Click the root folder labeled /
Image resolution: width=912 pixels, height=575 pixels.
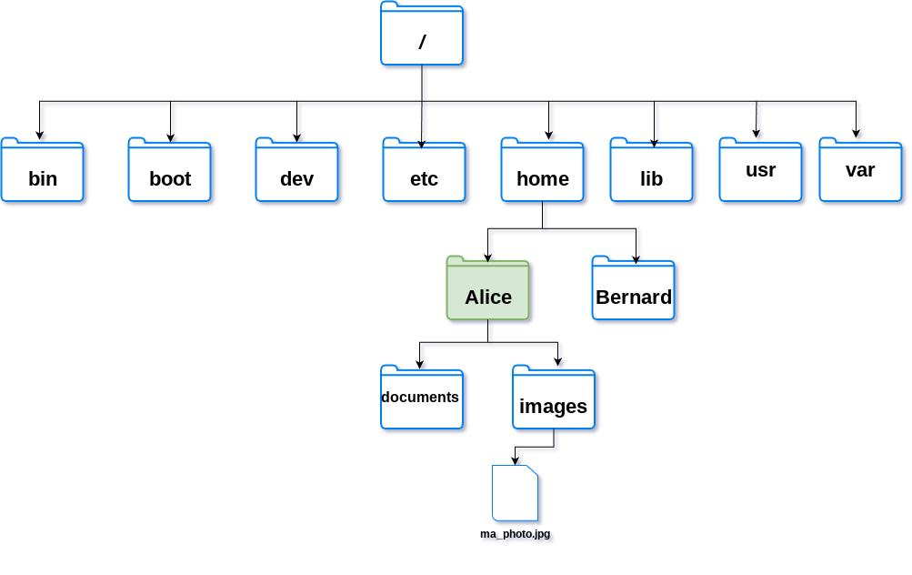click(x=422, y=33)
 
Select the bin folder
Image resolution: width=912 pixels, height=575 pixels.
click(x=43, y=170)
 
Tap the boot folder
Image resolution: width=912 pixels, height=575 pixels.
click(x=169, y=170)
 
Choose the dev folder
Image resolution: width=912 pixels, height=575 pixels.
click(x=296, y=170)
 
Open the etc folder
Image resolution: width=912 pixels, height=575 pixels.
click(x=424, y=170)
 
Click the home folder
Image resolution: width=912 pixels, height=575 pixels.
click(x=542, y=170)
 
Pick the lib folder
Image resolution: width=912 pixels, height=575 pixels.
click(x=651, y=170)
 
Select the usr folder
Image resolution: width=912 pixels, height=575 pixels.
click(x=760, y=170)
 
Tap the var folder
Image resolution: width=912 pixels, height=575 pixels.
click(x=860, y=170)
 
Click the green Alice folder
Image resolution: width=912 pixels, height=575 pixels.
click(x=488, y=288)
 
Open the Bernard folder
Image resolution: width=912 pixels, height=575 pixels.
click(x=634, y=288)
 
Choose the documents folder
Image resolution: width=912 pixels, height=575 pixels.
click(x=422, y=398)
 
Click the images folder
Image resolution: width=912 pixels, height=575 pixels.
click(x=554, y=398)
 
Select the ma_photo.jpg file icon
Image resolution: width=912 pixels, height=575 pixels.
click(x=515, y=493)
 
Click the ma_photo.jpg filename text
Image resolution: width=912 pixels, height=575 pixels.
click(x=516, y=534)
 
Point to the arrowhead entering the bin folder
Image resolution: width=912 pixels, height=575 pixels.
click(x=39, y=135)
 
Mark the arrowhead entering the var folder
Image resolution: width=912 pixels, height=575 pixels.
click(x=857, y=133)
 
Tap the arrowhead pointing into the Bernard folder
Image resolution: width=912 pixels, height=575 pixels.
click(x=636, y=259)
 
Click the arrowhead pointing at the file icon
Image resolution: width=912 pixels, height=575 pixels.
click(x=515, y=460)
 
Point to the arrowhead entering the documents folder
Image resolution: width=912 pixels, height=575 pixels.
click(x=419, y=364)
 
